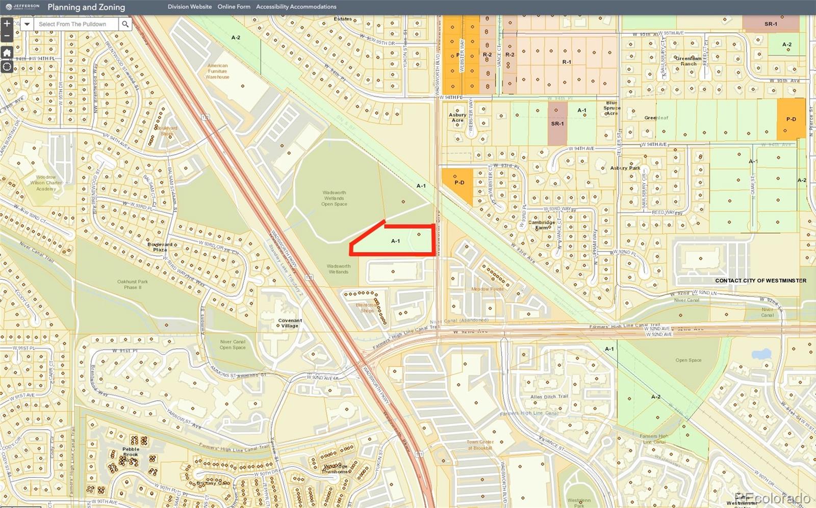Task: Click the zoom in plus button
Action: (7, 23)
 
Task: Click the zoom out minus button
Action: (7, 36)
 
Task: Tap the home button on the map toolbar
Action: (7, 53)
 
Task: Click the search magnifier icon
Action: (125, 24)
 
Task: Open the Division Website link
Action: (190, 7)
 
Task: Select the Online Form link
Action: (234, 7)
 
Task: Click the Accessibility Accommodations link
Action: (296, 7)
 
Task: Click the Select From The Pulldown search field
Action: (76, 24)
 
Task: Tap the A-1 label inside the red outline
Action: (396, 241)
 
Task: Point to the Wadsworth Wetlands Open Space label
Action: (334, 198)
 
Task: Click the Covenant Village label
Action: (290, 323)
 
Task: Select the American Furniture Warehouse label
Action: (218, 71)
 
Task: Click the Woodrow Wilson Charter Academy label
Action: (46, 183)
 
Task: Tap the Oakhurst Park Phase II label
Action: (132, 284)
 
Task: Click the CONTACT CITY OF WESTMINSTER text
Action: (760, 281)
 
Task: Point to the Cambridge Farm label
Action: (542, 225)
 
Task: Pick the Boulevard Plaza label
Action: (160, 247)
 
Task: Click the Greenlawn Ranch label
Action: (688, 61)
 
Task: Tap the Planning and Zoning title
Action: (86, 7)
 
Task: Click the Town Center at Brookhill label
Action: (480, 445)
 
